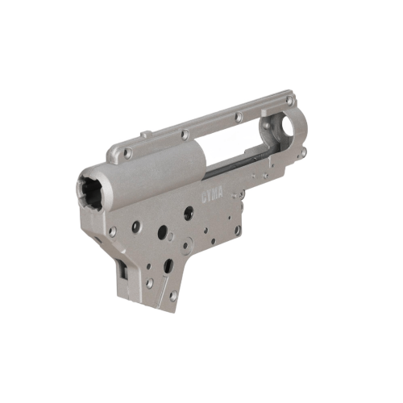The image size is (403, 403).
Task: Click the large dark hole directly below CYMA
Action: point(187,214)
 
